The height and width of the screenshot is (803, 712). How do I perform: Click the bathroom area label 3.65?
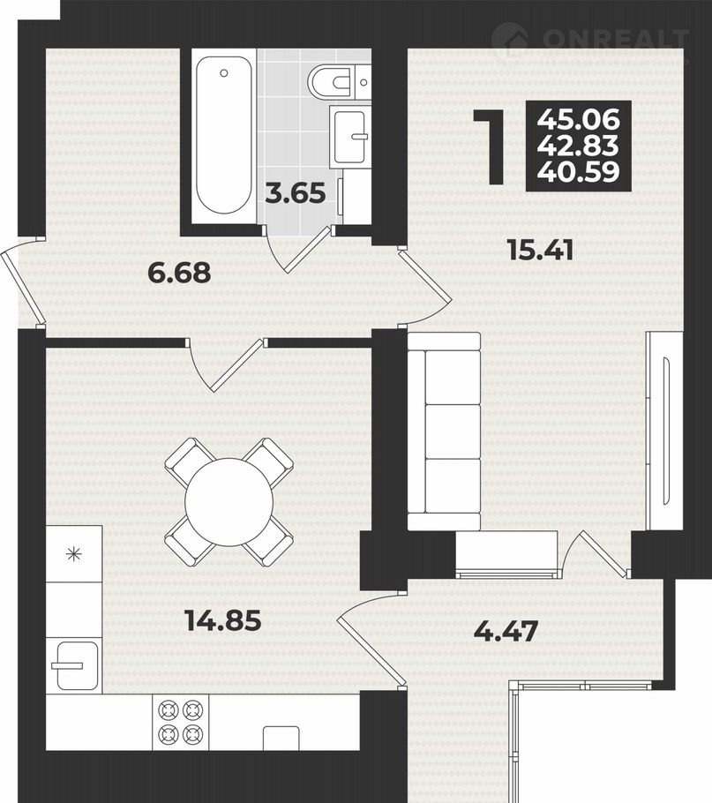[296, 193]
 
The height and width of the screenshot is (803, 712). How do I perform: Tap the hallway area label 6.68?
[179, 272]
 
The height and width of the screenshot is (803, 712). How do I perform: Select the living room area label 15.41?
[541, 250]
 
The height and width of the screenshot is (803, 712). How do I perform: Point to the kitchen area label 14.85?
[224, 620]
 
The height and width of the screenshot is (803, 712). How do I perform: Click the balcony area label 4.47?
[506, 631]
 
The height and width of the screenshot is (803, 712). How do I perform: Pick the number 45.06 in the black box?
[579, 120]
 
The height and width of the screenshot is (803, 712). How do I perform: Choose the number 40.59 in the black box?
[579, 172]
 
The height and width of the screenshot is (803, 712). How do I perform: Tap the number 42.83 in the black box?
[579, 146]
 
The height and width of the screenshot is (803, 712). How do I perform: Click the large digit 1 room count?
[491, 146]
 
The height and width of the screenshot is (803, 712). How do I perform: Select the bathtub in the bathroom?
[224, 136]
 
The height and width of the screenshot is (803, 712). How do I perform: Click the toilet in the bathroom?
[339, 81]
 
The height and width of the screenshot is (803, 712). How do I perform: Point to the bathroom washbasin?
[350, 136]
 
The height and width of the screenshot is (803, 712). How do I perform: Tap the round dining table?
[229, 502]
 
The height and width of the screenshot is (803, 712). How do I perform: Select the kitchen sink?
[75, 665]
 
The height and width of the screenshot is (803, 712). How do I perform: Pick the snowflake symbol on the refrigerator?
[75, 553]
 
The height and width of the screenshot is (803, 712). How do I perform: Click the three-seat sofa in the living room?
[444, 432]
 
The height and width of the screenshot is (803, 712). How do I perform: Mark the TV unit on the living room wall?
[663, 432]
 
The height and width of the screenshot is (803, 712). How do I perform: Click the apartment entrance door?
[21, 284]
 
